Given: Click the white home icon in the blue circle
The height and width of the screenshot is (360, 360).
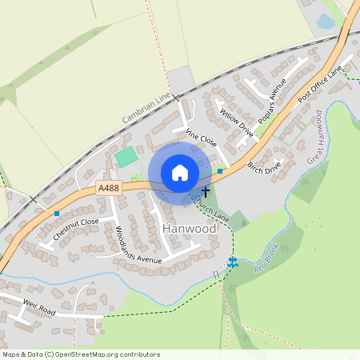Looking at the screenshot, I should pos(180,173).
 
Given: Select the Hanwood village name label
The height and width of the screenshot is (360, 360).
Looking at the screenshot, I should pos(189,229).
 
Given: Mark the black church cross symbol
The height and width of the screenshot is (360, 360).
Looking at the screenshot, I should pos(206,192).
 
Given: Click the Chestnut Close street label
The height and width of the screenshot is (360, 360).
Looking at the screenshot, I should pos(76,230).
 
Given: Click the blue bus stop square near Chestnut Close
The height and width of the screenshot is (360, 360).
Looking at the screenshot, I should pos(57,214).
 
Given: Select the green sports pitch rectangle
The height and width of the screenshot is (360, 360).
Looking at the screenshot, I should pos(126,156).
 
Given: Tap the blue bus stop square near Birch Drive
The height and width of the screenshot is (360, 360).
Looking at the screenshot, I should pos(220,170).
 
